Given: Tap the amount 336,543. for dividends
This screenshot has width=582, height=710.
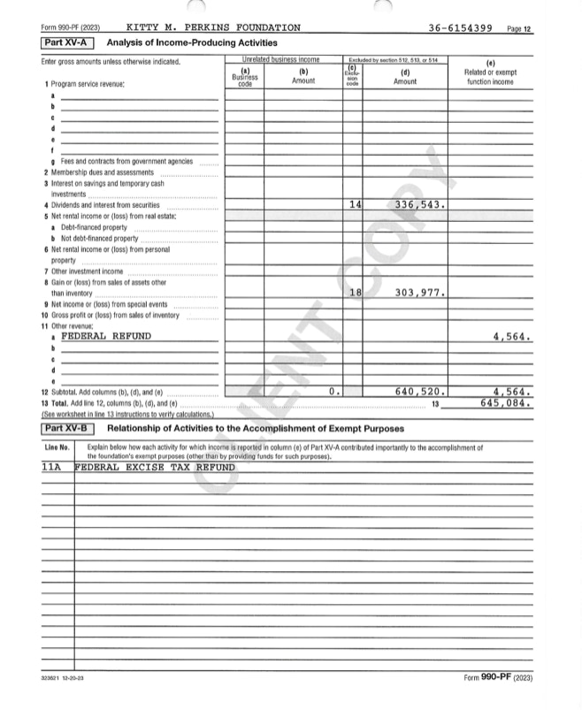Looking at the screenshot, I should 418,205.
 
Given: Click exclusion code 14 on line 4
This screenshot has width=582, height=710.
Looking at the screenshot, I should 355,205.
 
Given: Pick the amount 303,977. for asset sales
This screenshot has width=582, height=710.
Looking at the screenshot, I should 418,292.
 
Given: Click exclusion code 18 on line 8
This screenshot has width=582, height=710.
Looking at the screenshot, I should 355,292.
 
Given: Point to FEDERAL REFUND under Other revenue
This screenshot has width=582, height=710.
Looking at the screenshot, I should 106,336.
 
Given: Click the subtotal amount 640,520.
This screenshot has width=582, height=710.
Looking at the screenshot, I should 418,390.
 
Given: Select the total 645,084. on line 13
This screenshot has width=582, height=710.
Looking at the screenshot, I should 506,401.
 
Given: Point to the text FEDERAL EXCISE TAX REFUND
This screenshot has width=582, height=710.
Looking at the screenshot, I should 155,467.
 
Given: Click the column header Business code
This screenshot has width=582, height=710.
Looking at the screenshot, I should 244,78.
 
